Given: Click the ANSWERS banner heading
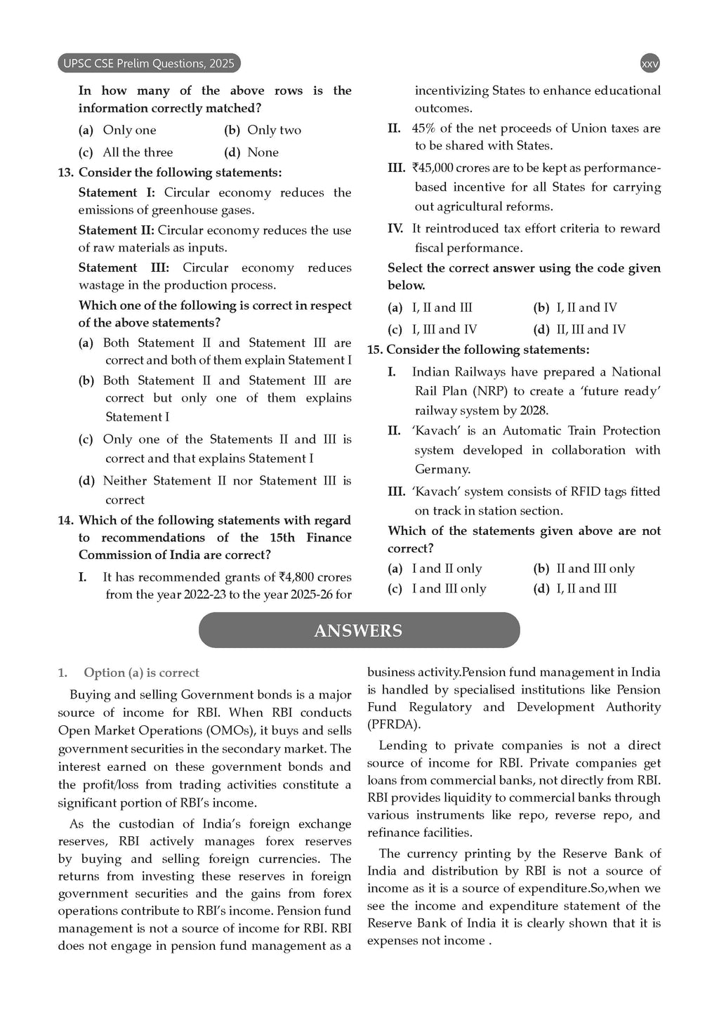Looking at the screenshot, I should tap(359, 630).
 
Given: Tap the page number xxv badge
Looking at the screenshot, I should tap(650, 64).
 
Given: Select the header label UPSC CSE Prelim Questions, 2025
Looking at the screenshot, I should tap(148, 64).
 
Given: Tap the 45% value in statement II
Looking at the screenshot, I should tap(424, 128).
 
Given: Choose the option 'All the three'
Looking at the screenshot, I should tap(138, 152).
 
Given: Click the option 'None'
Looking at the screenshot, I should tap(263, 152).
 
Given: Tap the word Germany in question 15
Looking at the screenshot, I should tap(442, 470).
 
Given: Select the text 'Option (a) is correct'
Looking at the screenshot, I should tap(141, 673).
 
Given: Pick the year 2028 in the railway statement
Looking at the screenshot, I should tap(532, 411).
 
